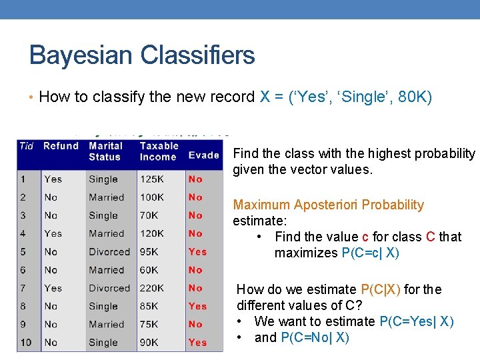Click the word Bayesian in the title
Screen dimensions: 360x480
click(x=74, y=55)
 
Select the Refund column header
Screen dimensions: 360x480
click(x=61, y=146)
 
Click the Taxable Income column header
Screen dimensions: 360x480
click(x=159, y=151)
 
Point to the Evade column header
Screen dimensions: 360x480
click(x=203, y=155)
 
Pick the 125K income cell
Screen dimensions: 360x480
click(x=153, y=179)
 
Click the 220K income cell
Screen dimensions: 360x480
click(x=153, y=288)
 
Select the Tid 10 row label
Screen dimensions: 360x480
click(x=25, y=343)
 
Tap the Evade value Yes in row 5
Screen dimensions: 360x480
click(x=197, y=252)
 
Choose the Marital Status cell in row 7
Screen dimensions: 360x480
click(x=109, y=288)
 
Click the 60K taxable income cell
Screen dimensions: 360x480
click(x=149, y=270)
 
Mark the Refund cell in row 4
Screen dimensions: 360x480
click(x=53, y=234)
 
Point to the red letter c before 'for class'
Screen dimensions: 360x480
click(x=365, y=237)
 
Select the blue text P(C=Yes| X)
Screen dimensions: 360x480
click(x=416, y=321)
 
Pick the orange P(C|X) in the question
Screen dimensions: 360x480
click(x=381, y=289)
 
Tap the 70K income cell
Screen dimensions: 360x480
click(x=149, y=216)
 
